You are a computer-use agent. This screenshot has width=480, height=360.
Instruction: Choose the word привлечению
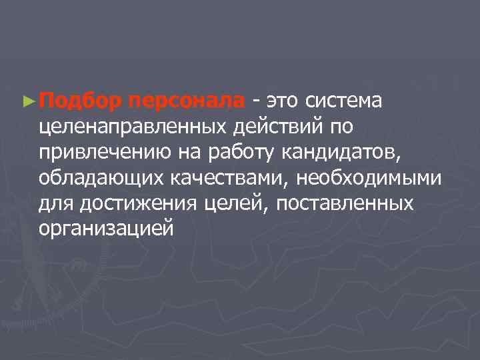coord(105,153)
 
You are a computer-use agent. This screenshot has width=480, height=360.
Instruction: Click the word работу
coord(236,153)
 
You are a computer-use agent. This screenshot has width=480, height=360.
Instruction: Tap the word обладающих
coord(99,178)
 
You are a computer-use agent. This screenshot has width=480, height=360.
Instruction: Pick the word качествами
coord(227,178)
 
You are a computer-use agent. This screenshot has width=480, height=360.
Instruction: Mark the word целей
coord(237,203)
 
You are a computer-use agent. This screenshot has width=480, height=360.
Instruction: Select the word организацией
coord(107,229)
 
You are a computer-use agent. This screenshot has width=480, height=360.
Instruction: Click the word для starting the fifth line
coord(55,203)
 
